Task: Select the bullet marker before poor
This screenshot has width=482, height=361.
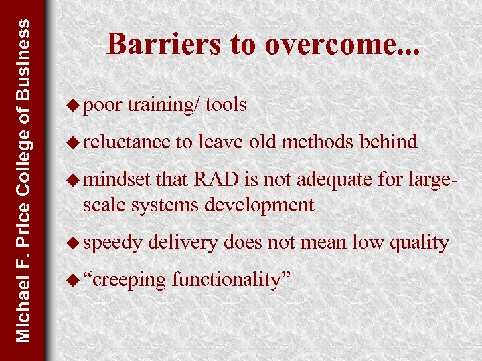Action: (75, 105)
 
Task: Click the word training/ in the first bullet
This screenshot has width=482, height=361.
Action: (163, 105)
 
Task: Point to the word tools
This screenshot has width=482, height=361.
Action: (226, 105)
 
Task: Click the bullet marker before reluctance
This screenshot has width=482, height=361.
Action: (75, 142)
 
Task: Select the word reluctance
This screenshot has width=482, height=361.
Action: (127, 142)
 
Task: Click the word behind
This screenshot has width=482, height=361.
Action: (388, 142)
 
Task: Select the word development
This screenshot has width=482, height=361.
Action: (260, 205)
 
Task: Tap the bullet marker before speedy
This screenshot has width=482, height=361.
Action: (75, 243)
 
